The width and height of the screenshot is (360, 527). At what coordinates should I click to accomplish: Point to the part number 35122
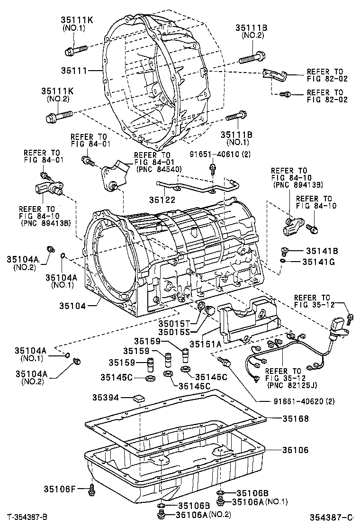tap(163, 200)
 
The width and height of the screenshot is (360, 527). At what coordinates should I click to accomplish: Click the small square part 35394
tap(139, 398)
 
